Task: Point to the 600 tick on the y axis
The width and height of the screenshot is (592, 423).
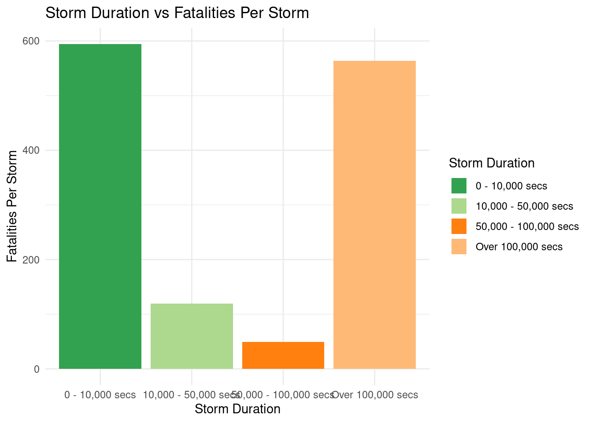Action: (x=34, y=41)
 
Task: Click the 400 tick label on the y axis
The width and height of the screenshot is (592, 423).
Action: (x=34, y=150)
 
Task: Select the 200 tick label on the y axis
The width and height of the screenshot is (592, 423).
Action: (x=34, y=260)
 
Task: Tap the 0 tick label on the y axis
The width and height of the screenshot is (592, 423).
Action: (x=37, y=369)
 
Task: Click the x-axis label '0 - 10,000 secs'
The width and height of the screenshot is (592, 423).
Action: (x=100, y=395)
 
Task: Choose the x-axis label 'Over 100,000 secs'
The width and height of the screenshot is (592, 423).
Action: (x=374, y=395)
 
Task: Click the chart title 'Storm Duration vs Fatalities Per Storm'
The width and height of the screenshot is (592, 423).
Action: (x=177, y=13)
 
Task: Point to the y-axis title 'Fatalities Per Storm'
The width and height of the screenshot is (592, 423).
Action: (x=12, y=206)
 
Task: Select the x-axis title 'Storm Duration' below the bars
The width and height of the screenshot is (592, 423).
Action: (x=237, y=409)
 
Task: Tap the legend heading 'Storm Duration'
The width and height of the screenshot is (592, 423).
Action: (x=492, y=163)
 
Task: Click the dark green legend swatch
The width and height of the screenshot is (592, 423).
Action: (x=459, y=186)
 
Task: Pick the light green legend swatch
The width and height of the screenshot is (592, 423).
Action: (x=459, y=206)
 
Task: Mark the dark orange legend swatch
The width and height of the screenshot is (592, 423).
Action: (x=459, y=226)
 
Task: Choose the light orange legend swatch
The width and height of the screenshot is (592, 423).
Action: (x=459, y=247)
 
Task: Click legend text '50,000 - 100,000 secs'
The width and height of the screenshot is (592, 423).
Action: (x=527, y=226)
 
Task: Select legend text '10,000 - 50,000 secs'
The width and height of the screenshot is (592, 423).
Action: (x=524, y=206)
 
